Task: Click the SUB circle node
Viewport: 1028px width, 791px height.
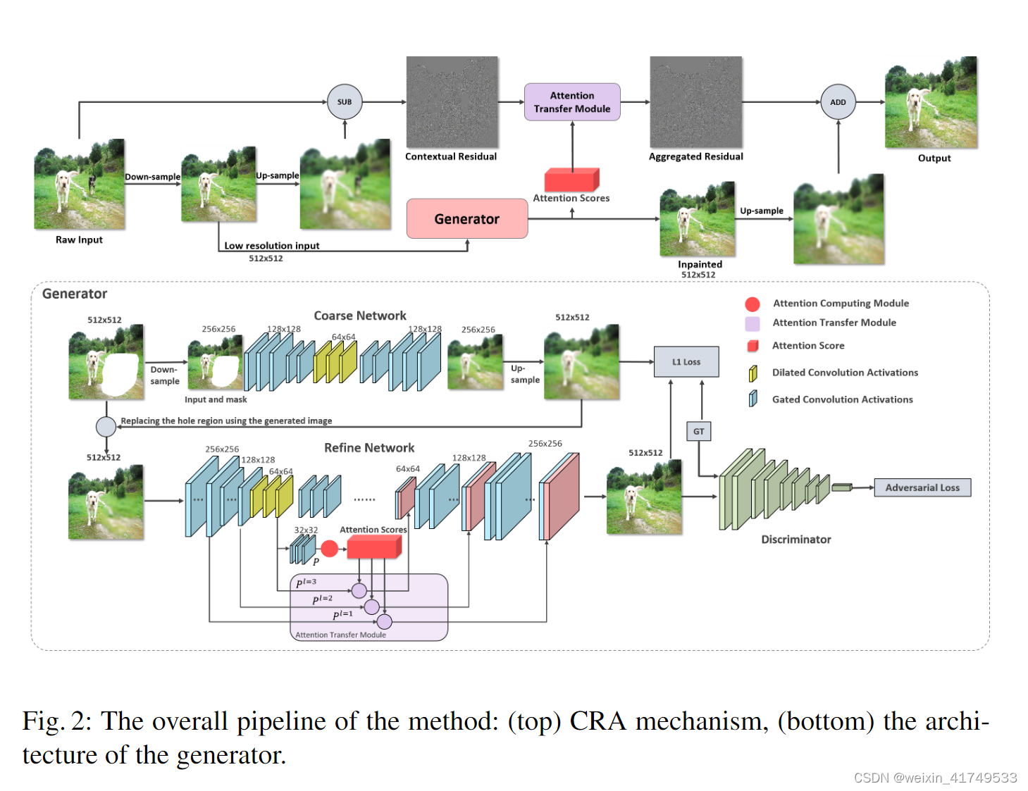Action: (345, 102)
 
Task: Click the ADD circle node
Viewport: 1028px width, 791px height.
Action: (838, 102)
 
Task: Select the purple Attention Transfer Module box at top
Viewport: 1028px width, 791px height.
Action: (572, 102)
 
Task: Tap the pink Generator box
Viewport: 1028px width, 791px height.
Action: (466, 219)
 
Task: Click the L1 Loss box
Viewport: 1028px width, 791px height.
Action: (686, 362)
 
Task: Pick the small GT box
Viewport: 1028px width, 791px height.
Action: (698, 432)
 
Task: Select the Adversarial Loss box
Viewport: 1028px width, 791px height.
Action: (922, 487)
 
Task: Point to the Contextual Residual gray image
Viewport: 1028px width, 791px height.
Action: (452, 101)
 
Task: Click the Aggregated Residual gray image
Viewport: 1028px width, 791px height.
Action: (695, 101)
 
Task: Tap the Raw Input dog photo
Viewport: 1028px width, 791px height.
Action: (80, 185)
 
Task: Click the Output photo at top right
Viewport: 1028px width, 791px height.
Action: (931, 102)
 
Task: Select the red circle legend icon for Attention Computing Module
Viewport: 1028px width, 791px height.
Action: (753, 304)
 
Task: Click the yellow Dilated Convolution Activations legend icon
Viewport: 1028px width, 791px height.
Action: (753, 373)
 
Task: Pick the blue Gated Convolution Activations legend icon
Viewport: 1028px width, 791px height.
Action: (753, 399)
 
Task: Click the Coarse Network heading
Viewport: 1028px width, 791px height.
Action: (360, 316)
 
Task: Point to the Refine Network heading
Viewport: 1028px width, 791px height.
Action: (369, 448)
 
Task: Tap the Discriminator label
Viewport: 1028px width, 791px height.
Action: (796, 540)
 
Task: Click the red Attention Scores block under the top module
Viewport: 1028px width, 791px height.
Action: (571, 180)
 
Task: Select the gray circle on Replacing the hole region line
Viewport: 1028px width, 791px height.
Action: (106, 426)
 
